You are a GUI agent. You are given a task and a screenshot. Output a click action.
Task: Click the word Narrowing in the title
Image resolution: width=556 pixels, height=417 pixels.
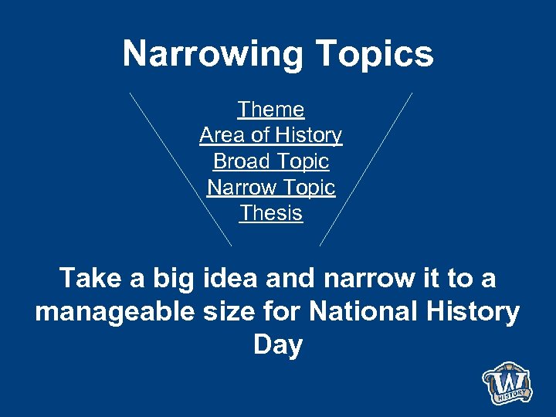tap(212, 55)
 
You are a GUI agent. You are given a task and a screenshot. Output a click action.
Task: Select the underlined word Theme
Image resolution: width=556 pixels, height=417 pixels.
tap(271, 110)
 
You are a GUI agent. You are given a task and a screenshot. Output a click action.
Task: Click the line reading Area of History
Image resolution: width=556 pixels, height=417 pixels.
tap(270, 135)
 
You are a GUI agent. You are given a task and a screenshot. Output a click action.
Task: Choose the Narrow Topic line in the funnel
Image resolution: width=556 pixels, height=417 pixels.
tap(271, 187)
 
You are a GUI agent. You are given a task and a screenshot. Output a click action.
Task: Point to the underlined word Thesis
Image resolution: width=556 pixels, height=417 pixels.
tap(271, 212)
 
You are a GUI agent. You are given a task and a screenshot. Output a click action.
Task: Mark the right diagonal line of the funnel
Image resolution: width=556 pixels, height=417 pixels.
tap(366, 168)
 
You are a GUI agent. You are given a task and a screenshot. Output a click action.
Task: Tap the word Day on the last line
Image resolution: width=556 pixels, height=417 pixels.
tap(277, 345)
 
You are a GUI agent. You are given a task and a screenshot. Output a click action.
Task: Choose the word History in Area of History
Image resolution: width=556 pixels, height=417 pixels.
tap(307, 135)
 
